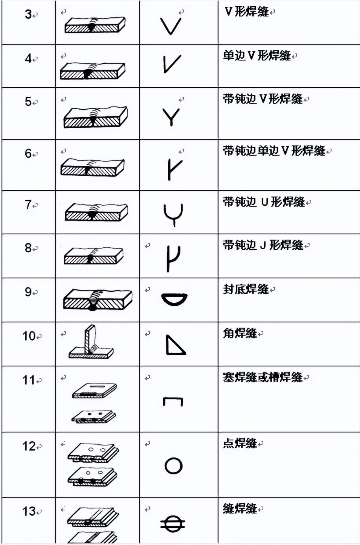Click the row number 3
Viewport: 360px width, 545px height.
coord(28,15)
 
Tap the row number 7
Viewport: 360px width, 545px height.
coord(28,205)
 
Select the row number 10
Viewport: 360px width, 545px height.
coord(29,336)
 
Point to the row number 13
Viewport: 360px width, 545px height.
coord(29,512)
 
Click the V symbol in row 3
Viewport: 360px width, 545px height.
coord(171,26)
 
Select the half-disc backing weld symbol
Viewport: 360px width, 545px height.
coord(174,300)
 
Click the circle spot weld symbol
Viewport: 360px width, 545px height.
coord(173,466)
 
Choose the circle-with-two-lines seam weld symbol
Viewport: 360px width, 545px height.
coord(173,523)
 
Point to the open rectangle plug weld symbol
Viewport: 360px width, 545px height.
coord(173,401)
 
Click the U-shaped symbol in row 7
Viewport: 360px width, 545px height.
coord(173,215)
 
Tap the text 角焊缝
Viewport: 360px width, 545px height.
coord(240,334)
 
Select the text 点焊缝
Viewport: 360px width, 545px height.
coord(240,444)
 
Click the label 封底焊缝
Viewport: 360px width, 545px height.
coord(246,290)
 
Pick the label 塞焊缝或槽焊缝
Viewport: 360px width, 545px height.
coord(263,377)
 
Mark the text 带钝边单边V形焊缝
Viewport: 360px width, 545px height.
coord(274,151)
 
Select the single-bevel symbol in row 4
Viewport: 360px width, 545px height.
coord(172,64)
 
